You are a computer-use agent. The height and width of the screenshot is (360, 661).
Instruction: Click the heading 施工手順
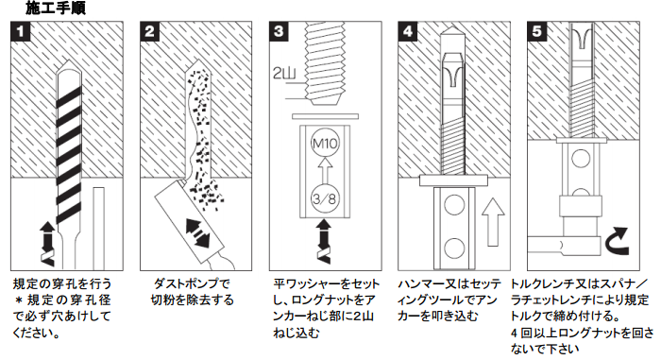pos(55,8)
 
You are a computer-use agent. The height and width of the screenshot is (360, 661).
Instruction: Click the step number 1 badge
pos(21,31)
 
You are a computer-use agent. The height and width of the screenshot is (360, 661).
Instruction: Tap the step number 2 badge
pos(149,31)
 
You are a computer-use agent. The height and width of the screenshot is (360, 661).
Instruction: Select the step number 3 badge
pos(279,31)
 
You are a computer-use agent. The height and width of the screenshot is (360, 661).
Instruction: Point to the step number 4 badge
pos(408,31)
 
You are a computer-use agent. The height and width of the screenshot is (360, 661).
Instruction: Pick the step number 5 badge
pos(536,31)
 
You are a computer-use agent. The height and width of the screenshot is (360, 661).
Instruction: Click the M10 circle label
pos(325,144)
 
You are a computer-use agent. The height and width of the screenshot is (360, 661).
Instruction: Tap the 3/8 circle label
pos(325,198)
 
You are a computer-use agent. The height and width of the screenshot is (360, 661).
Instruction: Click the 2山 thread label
pos(284,74)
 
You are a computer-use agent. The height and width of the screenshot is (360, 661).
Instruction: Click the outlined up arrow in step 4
pos(492,222)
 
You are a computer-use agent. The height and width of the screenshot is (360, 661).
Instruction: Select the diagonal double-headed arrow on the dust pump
pos(197,233)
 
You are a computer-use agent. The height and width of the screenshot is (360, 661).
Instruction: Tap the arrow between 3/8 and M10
pos(325,170)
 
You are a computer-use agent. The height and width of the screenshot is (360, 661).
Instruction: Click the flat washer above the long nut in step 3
pos(325,116)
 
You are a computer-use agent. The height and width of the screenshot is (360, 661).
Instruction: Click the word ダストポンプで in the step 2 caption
pos(192,283)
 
